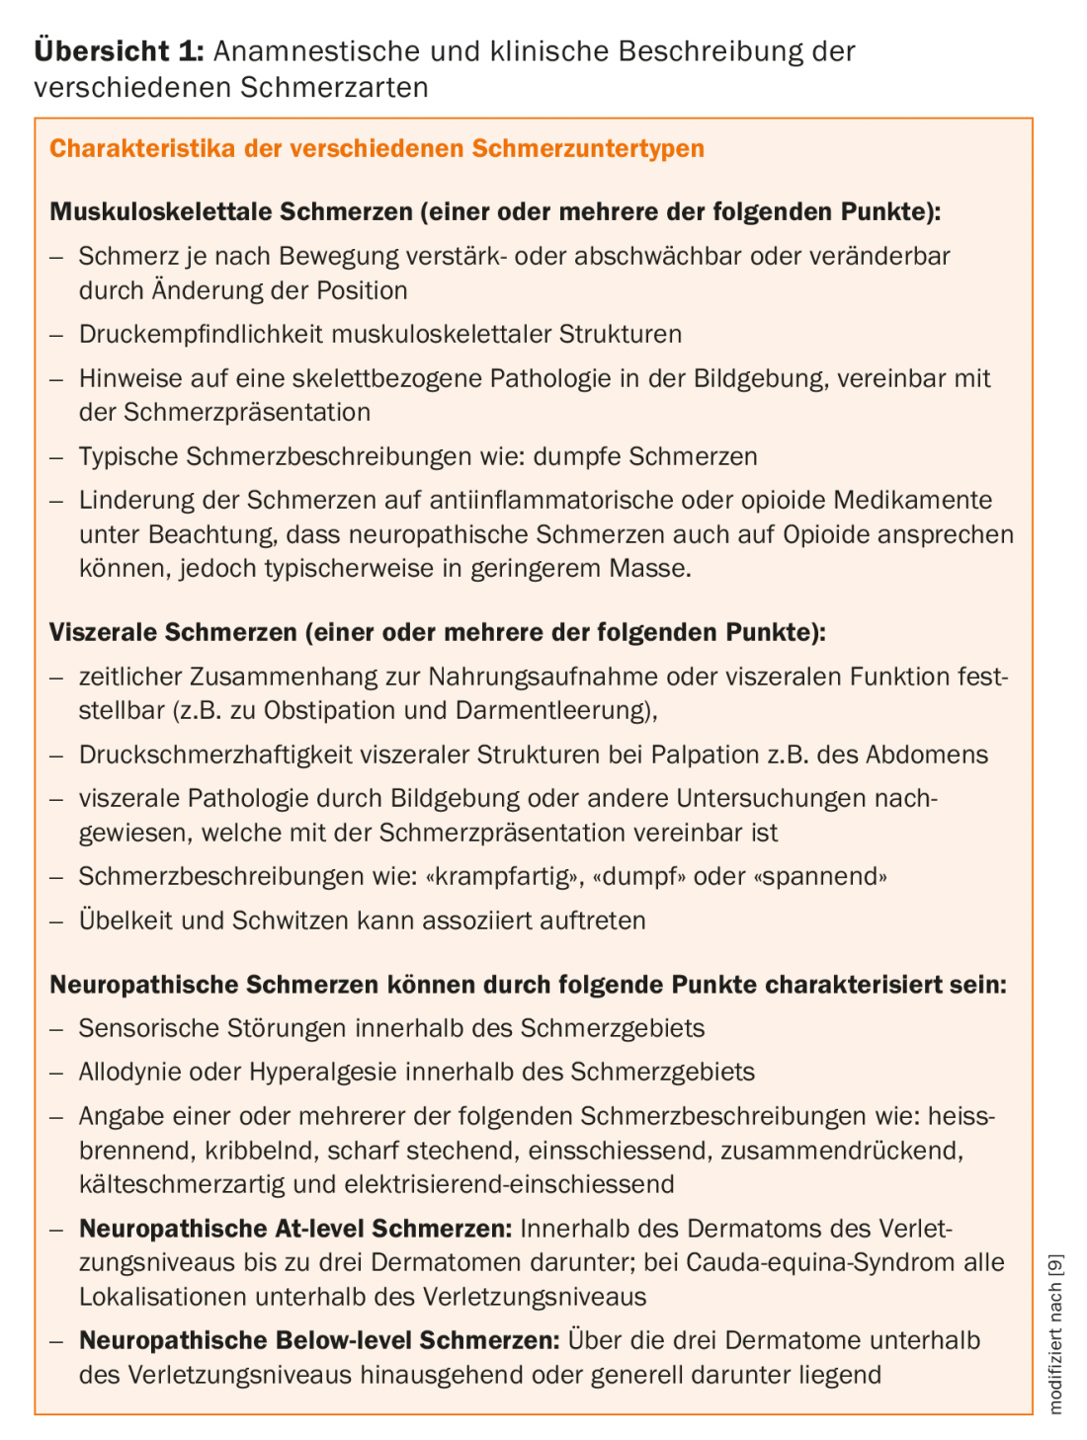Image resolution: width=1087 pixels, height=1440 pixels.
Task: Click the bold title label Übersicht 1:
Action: pyautogui.click(x=119, y=51)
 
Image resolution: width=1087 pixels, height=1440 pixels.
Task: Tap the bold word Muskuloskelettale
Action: pyautogui.click(x=161, y=211)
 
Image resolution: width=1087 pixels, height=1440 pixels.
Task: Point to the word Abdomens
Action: pyautogui.click(x=927, y=755)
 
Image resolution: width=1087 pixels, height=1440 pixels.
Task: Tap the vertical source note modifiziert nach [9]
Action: pyautogui.click(x=1055, y=1333)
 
